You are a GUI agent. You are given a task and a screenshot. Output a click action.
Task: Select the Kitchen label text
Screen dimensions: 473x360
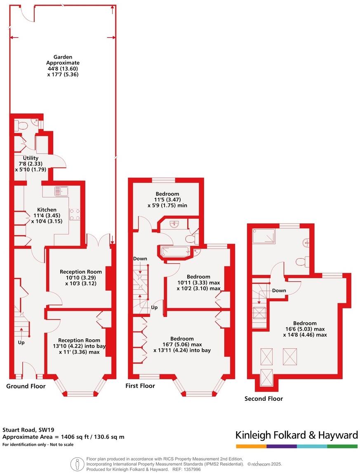(x=47, y=210)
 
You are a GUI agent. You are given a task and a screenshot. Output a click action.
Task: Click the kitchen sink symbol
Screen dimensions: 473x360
(x=62, y=191)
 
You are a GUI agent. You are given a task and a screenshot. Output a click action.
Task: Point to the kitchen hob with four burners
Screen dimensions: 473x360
(x=74, y=214)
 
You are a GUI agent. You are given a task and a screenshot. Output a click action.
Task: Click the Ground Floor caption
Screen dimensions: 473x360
(x=26, y=386)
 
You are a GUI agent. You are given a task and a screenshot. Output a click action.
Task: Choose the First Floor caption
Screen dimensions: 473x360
(x=140, y=386)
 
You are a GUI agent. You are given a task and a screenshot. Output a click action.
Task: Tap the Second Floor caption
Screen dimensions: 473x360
(x=264, y=399)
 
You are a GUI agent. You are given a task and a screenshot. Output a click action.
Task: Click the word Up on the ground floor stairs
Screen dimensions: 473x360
(x=21, y=343)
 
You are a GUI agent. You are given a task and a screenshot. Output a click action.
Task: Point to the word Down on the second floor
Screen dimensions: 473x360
(x=279, y=291)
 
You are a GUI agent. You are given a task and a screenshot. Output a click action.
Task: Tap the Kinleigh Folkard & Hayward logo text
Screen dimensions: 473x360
(x=296, y=435)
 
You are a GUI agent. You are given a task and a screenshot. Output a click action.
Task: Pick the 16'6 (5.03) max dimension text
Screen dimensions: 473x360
(x=304, y=329)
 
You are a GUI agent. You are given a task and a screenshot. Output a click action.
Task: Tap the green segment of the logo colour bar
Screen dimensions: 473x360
(x=342, y=446)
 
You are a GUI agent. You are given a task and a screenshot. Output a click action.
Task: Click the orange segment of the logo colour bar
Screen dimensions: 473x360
(x=251, y=446)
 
